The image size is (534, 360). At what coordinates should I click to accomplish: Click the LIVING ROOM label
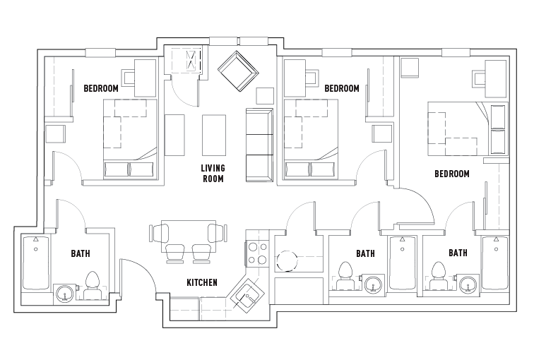pyautogui.click(x=212, y=173)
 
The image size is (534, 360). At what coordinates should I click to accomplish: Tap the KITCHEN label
pyautogui.click(x=201, y=282)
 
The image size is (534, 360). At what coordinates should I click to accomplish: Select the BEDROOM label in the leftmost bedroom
pyautogui.click(x=101, y=89)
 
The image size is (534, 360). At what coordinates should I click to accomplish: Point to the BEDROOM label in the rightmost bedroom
pyautogui.click(x=452, y=174)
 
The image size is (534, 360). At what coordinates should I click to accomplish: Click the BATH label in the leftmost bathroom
pyautogui.click(x=80, y=253)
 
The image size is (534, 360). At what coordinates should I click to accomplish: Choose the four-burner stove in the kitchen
pyautogui.click(x=257, y=253)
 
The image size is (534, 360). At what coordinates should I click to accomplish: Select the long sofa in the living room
pyautogui.click(x=259, y=145)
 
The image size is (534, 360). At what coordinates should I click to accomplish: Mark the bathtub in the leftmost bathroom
pyautogui.click(x=35, y=264)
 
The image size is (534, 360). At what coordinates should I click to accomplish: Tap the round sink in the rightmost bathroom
pyautogui.click(x=466, y=285)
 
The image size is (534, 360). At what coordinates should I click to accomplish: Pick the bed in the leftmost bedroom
pyautogui.click(x=129, y=138)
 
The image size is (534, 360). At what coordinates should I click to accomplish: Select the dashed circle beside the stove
pyautogui.click(x=287, y=260)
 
